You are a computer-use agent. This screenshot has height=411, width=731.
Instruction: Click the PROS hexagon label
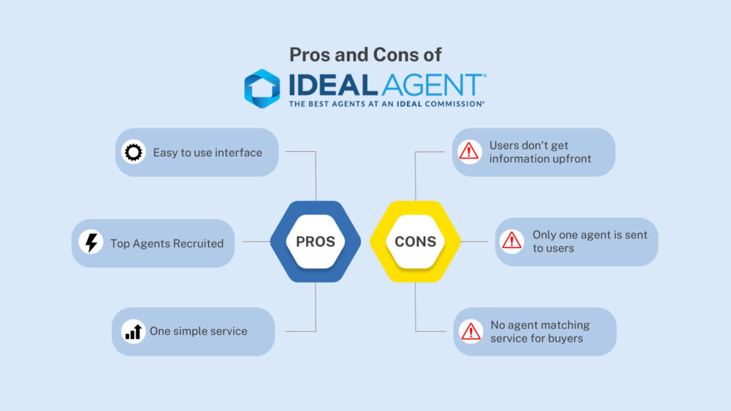316,241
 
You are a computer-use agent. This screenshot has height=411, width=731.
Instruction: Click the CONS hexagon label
415,241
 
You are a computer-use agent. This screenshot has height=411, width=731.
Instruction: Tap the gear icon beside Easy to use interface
133,152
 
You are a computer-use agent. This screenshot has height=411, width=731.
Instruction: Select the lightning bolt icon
91,243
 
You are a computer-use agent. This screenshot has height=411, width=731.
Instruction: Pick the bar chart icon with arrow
133,331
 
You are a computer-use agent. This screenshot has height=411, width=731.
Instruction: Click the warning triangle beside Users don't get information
469,151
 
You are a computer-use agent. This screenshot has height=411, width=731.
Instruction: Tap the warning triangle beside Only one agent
512,241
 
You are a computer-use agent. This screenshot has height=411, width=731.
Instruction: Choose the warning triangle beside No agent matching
470,331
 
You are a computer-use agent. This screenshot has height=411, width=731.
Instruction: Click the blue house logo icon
262,88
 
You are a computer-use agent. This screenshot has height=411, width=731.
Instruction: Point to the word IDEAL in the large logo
333,85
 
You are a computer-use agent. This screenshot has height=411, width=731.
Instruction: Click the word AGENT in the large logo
433,85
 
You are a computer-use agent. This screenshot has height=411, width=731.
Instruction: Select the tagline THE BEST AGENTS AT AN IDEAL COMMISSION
386,104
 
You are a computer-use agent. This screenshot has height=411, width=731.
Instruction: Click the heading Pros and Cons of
365,54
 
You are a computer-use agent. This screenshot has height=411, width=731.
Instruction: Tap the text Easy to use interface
208,153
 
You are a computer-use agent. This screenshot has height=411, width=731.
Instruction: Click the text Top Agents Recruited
167,243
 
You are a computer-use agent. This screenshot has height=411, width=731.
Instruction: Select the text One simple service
198,331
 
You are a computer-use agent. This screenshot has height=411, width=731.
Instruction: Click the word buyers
565,338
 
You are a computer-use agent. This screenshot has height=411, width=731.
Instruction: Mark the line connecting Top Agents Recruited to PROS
257,241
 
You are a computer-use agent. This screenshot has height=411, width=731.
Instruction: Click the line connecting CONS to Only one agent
474,241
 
